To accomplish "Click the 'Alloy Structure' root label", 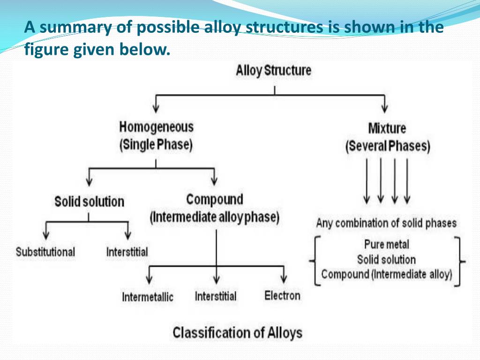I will pyautogui.click(x=273, y=71).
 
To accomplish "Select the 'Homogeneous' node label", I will pyautogui.click(x=156, y=127).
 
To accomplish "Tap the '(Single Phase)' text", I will pyautogui.click(x=156, y=145).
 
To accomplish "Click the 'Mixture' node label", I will pyautogui.click(x=387, y=128).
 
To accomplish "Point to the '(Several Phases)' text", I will pyautogui.click(x=387, y=146).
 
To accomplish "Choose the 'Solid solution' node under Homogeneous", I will pyautogui.click(x=90, y=202).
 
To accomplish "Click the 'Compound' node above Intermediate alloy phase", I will pyautogui.click(x=215, y=200).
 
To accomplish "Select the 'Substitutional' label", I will pyautogui.click(x=45, y=252).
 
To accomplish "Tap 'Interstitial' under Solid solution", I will pyautogui.click(x=127, y=252).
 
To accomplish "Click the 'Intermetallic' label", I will pyautogui.click(x=148, y=297).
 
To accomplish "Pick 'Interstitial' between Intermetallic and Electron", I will pyautogui.click(x=216, y=296).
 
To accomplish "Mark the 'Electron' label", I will pyautogui.click(x=282, y=295).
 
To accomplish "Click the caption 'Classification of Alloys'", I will pyautogui.click(x=238, y=333).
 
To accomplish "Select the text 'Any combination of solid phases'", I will pyautogui.click(x=386, y=223).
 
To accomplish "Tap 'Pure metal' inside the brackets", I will pyautogui.click(x=386, y=244).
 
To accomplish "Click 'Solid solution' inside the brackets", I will pyautogui.click(x=386, y=259).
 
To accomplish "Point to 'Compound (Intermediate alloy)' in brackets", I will pyautogui.click(x=387, y=274).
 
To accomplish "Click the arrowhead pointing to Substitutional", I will pyautogui.click(x=46, y=235).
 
